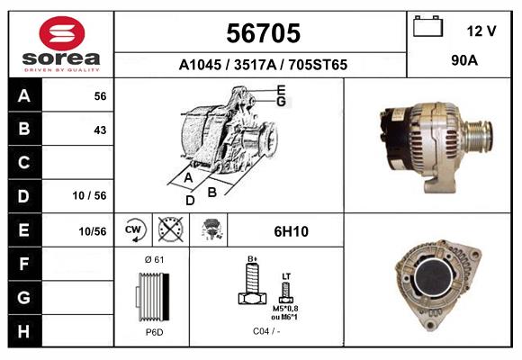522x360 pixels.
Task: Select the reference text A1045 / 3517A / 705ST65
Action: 263,65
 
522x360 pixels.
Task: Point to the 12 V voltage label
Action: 481,31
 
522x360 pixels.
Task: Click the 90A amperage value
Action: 464,61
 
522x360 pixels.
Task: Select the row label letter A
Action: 24,96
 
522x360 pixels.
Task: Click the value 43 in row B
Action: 100,130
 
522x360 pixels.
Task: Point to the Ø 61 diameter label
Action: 153,260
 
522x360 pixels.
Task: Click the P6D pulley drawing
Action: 153,296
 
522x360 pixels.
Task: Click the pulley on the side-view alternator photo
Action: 479,139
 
